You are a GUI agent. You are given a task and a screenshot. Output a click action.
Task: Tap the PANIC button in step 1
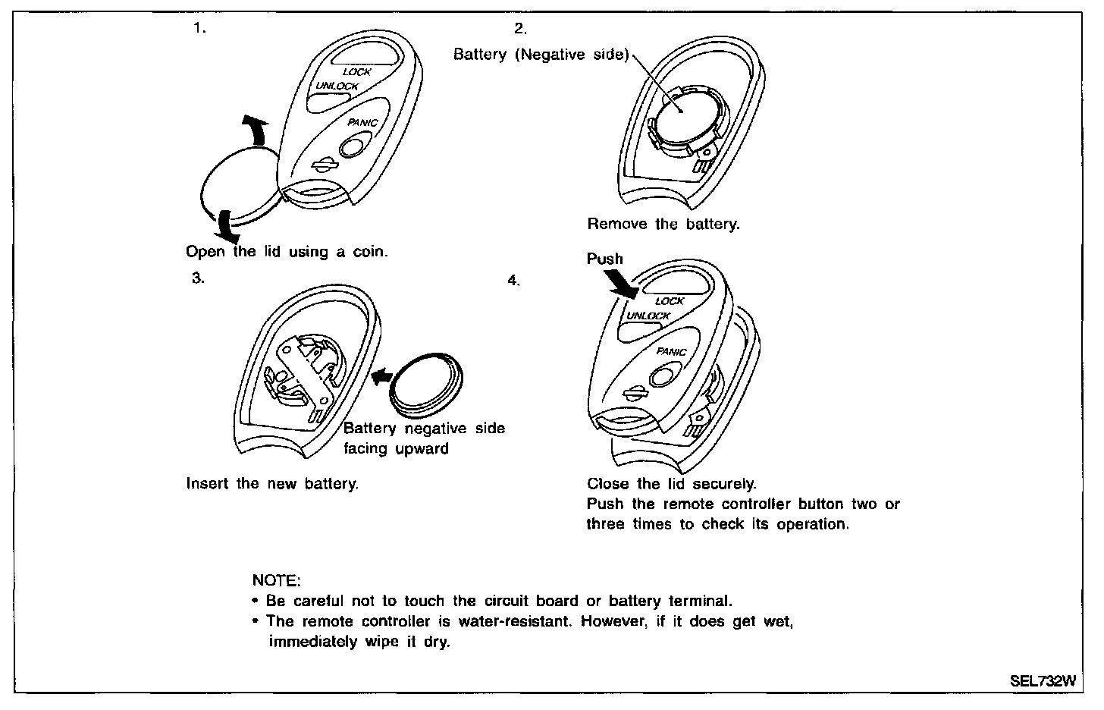click(353, 144)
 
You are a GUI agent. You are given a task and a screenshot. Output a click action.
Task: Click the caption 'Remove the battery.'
click(663, 224)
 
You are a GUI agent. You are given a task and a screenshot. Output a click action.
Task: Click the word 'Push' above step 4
click(604, 259)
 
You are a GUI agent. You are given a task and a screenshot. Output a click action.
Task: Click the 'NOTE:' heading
click(276, 580)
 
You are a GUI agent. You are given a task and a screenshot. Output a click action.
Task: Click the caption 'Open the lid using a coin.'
click(287, 252)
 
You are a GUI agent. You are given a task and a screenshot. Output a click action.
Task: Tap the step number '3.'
click(198, 278)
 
